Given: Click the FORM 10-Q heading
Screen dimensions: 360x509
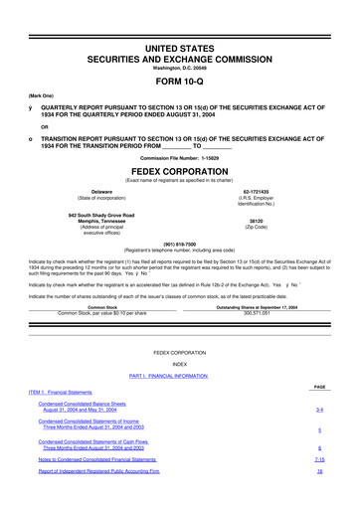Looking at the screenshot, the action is (180, 82).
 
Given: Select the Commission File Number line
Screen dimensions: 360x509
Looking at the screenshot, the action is (180, 158).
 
